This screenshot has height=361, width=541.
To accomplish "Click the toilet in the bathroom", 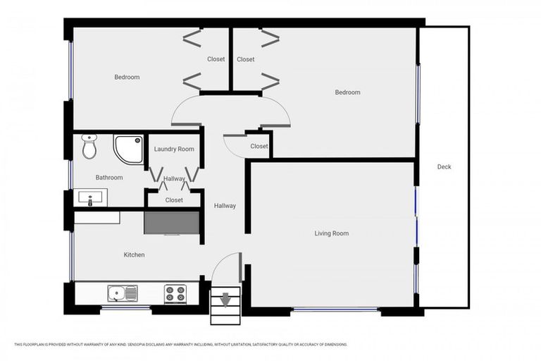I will (89, 147).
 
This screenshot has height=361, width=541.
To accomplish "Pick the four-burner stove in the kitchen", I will (175, 293).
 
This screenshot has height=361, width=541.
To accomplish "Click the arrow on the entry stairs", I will (225, 301).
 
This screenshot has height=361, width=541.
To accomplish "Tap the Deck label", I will (444, 167).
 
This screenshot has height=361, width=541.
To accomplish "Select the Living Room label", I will (331, 233).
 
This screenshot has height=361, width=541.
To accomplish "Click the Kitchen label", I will (134, 255).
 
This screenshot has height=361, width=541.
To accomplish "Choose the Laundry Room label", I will (174, 149).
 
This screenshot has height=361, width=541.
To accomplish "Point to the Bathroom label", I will (109, 178).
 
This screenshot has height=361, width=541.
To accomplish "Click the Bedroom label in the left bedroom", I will (127, 78).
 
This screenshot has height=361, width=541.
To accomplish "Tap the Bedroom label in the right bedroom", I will (347, 92).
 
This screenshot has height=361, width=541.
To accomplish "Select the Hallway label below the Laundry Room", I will (174, 179).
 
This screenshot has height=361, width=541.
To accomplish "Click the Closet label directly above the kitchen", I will (174, 200).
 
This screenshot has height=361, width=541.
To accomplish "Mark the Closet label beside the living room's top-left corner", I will (259, 146).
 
